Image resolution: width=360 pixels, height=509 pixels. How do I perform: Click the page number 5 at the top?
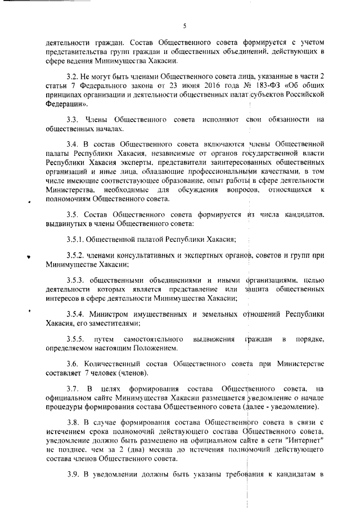pos(184,25)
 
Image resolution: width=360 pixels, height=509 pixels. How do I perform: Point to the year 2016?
pos(183,85)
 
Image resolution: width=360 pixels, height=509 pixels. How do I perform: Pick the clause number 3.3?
pos(73,120)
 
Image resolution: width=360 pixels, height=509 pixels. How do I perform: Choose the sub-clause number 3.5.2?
pos(76,255)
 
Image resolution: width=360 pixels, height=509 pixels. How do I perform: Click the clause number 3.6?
pos(73,363)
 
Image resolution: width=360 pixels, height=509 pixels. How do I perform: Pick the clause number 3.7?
pos(73,389)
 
